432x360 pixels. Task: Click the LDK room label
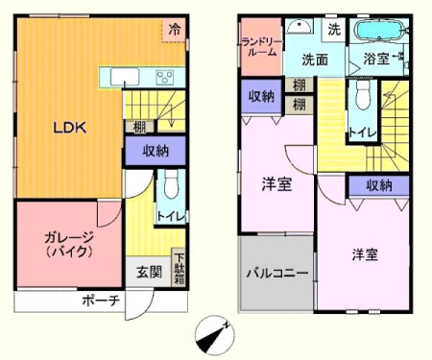point(69,128)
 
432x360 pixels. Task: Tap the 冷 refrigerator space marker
point(174,30)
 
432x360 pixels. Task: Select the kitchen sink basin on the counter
point(125,77)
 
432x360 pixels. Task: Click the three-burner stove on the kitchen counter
point(165,78)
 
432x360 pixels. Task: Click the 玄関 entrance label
point(149,272)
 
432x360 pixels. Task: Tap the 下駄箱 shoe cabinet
point(179,268)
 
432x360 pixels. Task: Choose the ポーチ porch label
point(101,300)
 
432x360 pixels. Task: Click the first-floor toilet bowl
point(171,184)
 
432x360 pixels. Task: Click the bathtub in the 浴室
point(379,30)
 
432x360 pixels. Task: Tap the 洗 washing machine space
point(334,30)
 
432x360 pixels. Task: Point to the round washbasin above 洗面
point(300,26)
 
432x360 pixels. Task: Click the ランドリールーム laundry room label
point(261,47)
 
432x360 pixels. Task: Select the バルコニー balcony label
point(276,273)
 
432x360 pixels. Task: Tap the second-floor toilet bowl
point(363,94)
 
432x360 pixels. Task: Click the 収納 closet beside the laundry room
point(261,96)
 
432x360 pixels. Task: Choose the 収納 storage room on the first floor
point(156,151)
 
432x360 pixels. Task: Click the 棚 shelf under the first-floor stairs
point(139,128)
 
